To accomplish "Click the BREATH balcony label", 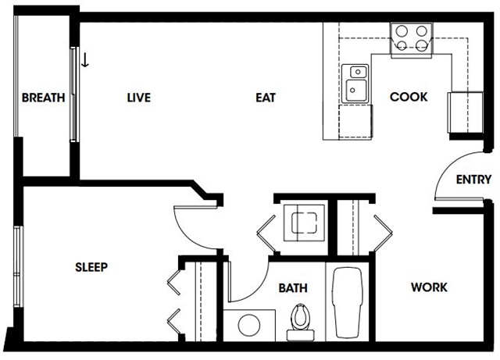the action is [44, 98].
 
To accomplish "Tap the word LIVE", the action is [139, 98].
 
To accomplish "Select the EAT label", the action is [266, 98].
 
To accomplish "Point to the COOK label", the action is [409, 97].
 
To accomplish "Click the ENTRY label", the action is [473, 180].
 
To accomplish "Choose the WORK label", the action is [429, 287].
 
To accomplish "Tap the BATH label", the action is [293, 288].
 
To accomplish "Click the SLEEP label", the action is [91, 267].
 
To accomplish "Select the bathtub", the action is [347, 302].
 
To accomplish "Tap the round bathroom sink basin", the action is [249, 325].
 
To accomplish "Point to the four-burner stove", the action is [412, 40].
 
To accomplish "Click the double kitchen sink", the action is [355, 84].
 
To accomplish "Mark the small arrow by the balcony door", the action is [85, 60].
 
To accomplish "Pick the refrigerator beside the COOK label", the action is [466, 112].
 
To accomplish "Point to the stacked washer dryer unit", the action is [304, 223].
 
